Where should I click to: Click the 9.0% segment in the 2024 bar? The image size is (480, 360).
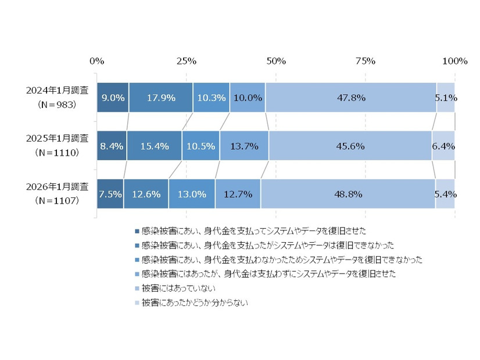coord(113,98)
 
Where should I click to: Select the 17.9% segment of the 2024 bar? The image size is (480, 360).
coord(161,98)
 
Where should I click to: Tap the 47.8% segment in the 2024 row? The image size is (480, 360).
coord(351,98)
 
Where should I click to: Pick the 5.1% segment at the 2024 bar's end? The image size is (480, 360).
coord(445,98)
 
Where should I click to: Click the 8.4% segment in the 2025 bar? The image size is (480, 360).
coord(112,146)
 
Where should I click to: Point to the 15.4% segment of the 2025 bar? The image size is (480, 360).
coord(154,146)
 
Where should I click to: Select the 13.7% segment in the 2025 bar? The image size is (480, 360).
coord(244,146)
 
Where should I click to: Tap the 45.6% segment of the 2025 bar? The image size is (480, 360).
coord(350,146)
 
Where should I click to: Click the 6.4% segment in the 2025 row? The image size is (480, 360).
coord(443,146)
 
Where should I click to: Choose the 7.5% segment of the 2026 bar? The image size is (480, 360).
coord(110,194)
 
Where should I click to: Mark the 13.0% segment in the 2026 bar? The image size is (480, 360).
coord(192,194)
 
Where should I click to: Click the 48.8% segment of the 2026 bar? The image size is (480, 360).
coord(348,194)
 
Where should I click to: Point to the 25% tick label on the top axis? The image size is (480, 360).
coord(186,61)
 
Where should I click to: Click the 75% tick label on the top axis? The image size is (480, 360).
coord(365,61)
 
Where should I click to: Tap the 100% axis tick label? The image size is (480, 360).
coord(454,61)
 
